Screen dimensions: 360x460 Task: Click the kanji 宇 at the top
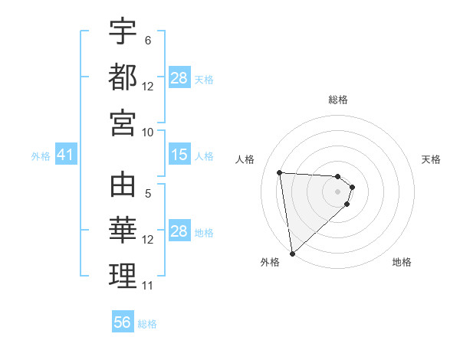pos(123,32)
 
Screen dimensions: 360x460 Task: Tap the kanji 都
pos(123,77)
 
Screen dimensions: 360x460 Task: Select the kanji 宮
pos(123,123)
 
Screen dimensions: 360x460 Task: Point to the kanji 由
pos(123,185)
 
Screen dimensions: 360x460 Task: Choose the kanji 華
pos(123,231)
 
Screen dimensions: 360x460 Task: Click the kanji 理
pos(123,276)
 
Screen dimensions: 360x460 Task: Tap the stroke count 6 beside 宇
pos(147,40)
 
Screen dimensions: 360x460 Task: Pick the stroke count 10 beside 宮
pos(148,132)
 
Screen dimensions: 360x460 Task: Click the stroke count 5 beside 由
pos(148,194)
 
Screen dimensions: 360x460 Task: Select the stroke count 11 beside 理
pos(148,286)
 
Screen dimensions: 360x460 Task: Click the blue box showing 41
pos(65,155)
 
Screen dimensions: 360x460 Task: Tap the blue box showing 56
pos(123,322)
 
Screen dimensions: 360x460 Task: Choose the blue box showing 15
pos(179,155)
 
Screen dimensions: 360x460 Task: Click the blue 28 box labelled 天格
pos(179,78)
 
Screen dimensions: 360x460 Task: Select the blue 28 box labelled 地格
pos(179,231)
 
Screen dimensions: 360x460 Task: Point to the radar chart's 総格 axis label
pos(338,100)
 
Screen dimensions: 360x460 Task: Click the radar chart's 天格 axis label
pos(431,159)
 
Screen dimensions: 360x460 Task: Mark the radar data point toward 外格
pos(292,254)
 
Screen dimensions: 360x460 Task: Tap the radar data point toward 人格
pos(280,172)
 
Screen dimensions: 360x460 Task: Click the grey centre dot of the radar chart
pos(338,191)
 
